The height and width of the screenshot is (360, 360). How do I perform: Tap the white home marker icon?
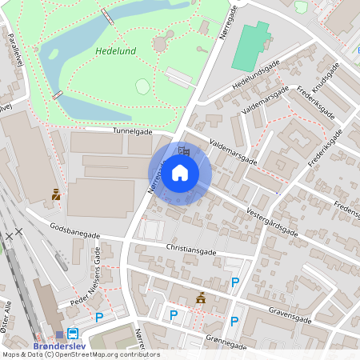pos(180,172)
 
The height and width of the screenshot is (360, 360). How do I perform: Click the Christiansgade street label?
pos(191,249)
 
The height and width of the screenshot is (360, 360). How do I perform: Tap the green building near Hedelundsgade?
pos(251,46)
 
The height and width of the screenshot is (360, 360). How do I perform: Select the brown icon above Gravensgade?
pos(201,298)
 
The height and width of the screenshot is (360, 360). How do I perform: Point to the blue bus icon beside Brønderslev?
pos(73,334)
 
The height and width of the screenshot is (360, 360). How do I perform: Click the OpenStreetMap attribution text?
pos(81,354)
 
